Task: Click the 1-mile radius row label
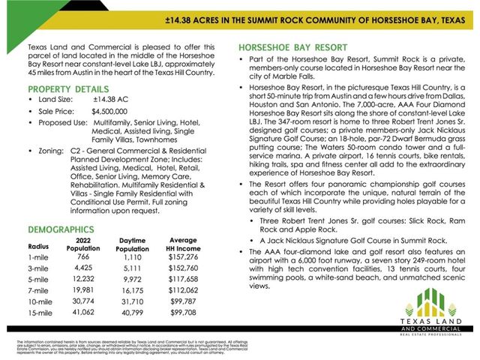39,256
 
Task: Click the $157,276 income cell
183,256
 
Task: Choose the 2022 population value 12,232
82,278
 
